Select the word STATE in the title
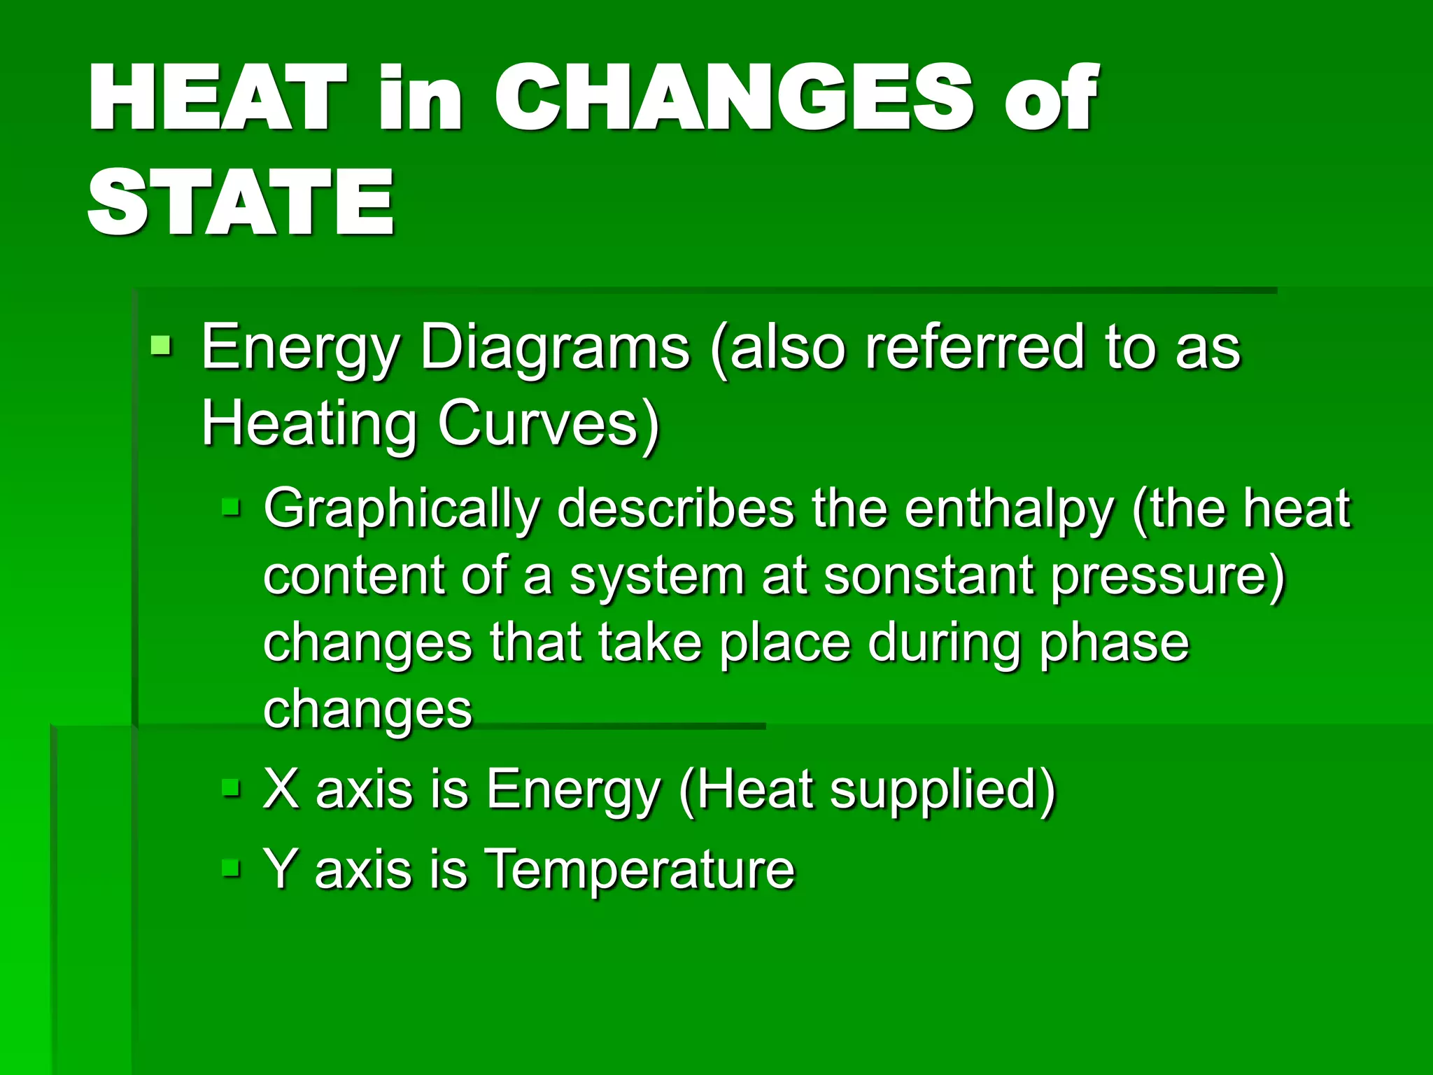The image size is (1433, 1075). [241, 203]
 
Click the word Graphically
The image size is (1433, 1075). [402, 510]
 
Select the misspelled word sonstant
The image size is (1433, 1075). [929, 575]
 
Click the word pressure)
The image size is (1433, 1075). [1169, 575]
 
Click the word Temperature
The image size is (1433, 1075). [640, 869]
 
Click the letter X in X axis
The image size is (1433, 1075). [281, 789]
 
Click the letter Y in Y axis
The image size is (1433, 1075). [281, 869]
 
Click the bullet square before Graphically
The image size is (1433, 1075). [230, 506]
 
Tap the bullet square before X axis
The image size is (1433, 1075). [230, 789]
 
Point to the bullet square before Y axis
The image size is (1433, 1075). [230, 869]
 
